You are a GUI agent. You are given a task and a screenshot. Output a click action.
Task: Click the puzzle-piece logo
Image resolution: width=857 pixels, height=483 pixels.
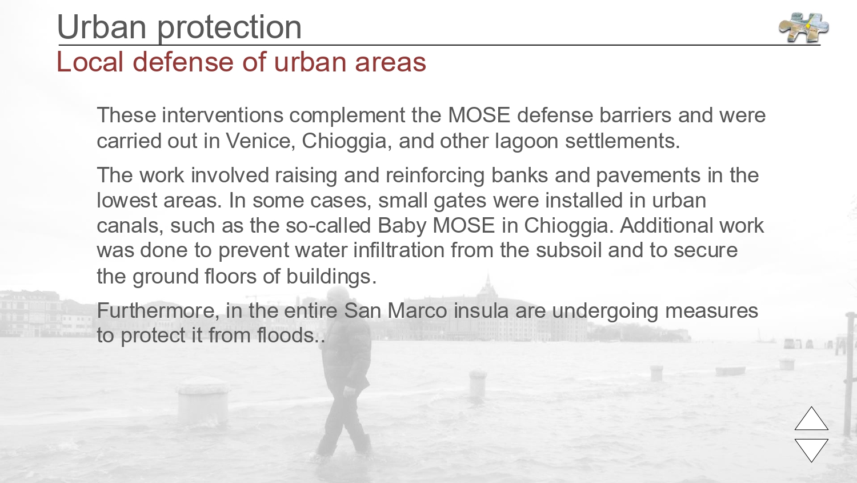click(803, 27)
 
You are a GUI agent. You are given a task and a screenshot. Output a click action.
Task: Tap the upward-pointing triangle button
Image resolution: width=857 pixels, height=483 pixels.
click(811, 418)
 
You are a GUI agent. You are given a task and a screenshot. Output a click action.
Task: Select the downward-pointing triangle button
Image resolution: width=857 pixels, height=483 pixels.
click(811, 450)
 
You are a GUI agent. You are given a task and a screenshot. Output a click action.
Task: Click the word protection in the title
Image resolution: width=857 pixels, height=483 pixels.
click(229, 27)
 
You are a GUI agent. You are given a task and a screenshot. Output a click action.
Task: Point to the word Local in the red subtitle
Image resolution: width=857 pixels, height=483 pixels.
click(90, 62)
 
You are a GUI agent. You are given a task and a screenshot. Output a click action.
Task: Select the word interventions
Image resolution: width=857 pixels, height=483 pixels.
click(223, 115)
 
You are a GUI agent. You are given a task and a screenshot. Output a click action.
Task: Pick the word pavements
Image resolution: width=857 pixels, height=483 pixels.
click(648, 175)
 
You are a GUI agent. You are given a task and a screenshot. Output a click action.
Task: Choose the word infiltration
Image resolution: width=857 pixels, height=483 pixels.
click(398, 250)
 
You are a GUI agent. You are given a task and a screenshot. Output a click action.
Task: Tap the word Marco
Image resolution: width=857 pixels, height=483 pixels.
click(418, 310)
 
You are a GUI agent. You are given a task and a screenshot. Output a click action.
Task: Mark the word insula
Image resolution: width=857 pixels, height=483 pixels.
click(481, 310)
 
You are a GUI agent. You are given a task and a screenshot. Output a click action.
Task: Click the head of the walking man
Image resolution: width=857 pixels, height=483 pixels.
click(338, 298)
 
